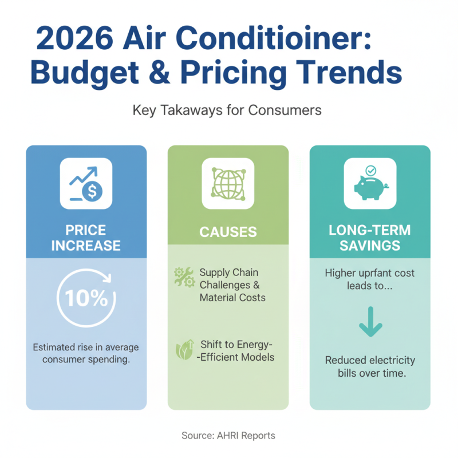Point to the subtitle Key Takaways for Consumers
227,110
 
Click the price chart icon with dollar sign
86,183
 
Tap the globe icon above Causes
227,183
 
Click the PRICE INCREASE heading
86,238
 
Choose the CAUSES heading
227,232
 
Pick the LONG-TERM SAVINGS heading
369,238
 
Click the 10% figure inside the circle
86,298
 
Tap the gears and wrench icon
184,278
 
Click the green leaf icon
184,350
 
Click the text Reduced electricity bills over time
369,367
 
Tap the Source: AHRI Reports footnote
228,436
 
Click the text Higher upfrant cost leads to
369,279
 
